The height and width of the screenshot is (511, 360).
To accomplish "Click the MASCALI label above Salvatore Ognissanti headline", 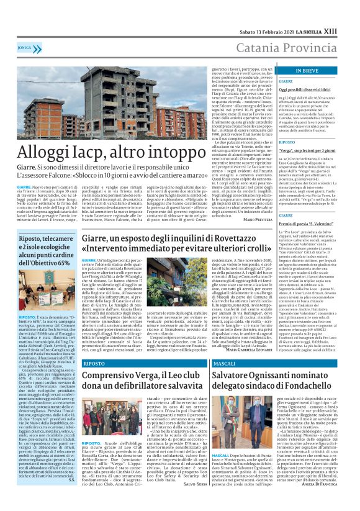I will tap(223, 363).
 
